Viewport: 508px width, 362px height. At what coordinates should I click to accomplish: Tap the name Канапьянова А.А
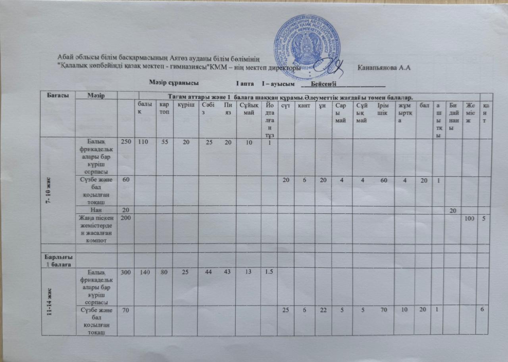(383, 68)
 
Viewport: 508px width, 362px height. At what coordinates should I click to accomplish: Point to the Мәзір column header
(96, 96)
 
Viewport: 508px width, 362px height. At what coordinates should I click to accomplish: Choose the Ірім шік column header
(383, 108)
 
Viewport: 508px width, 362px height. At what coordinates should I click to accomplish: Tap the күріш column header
(185, 105)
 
